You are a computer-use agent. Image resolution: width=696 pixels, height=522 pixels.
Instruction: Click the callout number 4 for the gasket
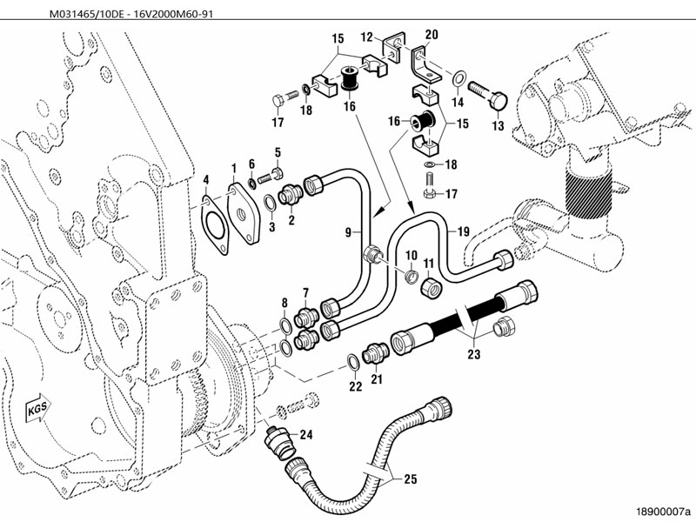coord(205,181)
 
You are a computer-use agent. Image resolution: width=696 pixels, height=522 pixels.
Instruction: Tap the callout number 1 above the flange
coord(233,166)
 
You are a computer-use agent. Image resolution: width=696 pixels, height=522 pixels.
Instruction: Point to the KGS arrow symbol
coord(37,408)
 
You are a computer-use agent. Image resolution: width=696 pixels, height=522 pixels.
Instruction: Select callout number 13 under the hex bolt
coord(498,126)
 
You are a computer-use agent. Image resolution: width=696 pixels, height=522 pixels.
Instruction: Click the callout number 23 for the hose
coord(473,355)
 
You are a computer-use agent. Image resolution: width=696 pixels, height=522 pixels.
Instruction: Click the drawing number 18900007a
coord(663,505)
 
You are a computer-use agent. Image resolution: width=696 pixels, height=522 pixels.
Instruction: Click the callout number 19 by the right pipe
coord(463,231)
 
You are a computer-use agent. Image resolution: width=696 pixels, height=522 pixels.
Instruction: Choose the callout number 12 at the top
coord(366,37)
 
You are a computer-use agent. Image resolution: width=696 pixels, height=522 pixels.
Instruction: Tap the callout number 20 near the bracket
coord(432,34)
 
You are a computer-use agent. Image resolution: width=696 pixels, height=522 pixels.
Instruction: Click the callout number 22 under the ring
coord(355,386)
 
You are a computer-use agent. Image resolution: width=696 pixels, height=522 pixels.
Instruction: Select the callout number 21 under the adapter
coord(377,379)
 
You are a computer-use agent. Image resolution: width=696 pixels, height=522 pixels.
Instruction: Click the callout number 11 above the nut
coord(429,263)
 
